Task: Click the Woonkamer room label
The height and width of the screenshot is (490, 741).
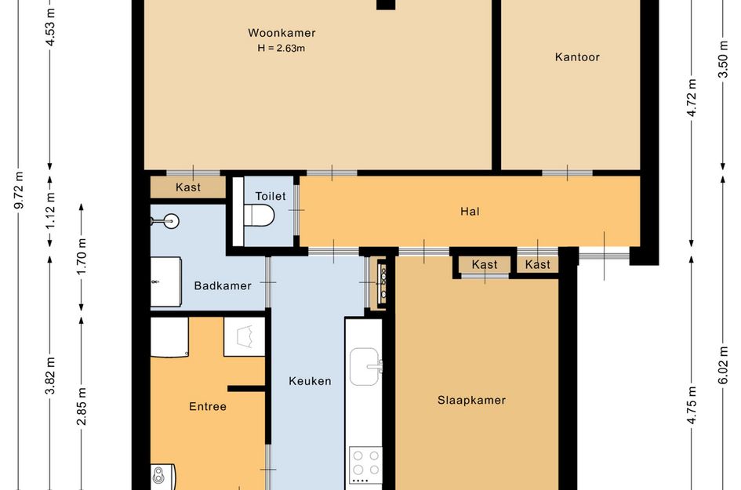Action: [282, 33]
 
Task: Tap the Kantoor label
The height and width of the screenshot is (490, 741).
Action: [577, 57]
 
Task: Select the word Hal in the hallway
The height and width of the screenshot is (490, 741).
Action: [470, 211]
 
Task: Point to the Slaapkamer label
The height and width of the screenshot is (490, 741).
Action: [471, 400]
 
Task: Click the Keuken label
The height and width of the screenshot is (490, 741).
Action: [310, 381]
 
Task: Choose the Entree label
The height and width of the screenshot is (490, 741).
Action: [208, 406]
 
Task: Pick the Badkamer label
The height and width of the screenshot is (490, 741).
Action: [223, 285]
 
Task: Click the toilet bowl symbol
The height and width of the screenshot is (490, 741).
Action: [259, 216]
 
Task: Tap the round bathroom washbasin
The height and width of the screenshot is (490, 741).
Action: [171, 220]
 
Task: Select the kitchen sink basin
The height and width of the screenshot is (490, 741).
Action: [365, 367]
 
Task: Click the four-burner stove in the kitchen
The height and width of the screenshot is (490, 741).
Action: [365, 465]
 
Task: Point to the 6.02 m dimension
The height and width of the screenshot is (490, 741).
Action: [723, 365]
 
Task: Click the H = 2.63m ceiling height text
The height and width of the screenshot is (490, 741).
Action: [282, 48]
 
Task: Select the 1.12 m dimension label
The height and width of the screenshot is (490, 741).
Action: [50, 211]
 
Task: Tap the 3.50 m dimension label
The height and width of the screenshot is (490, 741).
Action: [723, 59]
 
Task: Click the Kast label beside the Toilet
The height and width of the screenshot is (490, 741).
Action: [188, 187]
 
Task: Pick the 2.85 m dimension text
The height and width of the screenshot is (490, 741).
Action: [82, 406]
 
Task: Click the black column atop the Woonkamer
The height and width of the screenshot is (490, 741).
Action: [386, 5]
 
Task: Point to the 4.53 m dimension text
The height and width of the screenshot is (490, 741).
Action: [50, 27]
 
